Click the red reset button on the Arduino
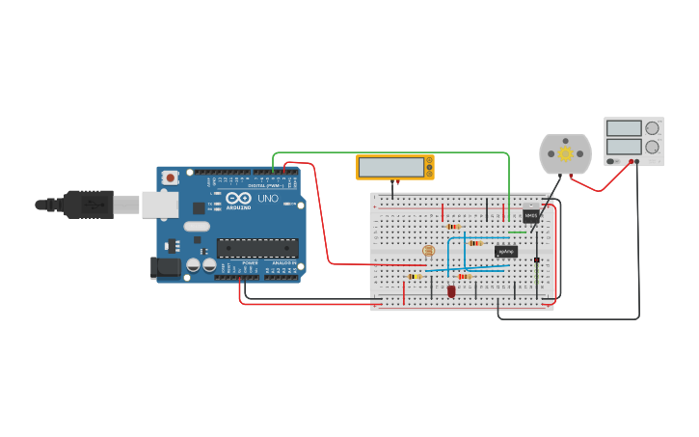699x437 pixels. point(171,178)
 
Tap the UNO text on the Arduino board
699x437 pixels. point(268,199)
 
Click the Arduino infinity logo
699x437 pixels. point(238,199)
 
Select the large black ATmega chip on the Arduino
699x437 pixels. point(256,248)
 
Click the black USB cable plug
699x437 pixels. point(88,205)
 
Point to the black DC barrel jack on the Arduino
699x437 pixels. point(165,268)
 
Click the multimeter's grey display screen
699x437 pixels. point(391,167)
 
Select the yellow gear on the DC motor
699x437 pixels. point(565,153)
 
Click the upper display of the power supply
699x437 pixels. point(624,128)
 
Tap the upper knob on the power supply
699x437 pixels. point(653,128)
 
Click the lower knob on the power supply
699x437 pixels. point(653,147)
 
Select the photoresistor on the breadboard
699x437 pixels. point(429,251)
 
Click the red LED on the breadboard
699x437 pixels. point(451,290)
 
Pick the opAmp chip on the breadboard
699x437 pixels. point(505,252)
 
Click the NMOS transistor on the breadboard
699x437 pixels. point(530,216)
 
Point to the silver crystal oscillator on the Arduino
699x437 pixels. point(196,228)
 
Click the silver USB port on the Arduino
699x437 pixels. point(159,205)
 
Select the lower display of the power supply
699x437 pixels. point(624,147)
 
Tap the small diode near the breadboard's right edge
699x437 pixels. point(537,259)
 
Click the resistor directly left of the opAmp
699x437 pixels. point(475,243)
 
